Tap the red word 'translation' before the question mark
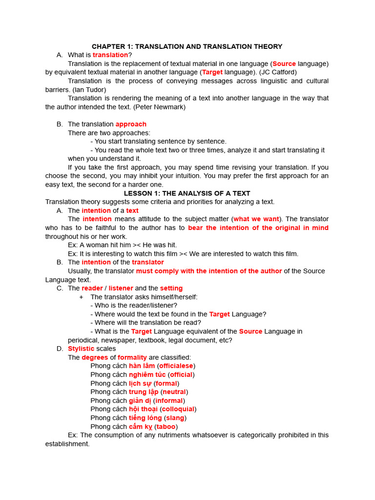pyautogui.click(x=110, y=55)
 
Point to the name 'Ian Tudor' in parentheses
pyautogui.click(x=89, y=89)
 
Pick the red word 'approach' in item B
pyautogui.click(x=131, y=124)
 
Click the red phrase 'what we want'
pyautogui.click(x=256, y=219)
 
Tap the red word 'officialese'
pyautogui.click(x=176, y=366)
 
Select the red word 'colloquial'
pyautogui.click(x=178, y=409)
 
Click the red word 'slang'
pyautogui.click(x=175, y=418)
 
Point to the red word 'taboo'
pyautogui.click(x=166, y=427)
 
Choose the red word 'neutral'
pyautogui.click(x=174, y=392)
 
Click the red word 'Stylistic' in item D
pyautogui.click(x=81, y=349)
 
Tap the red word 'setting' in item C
pyautogui.click(x=171, y=289)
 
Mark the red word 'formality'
pyautogui.click(x=132, y=357)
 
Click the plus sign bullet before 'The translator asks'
pyautogui.click(x=81, y=297)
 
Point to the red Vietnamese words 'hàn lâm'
pyautogui.click(x=142, y=366)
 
